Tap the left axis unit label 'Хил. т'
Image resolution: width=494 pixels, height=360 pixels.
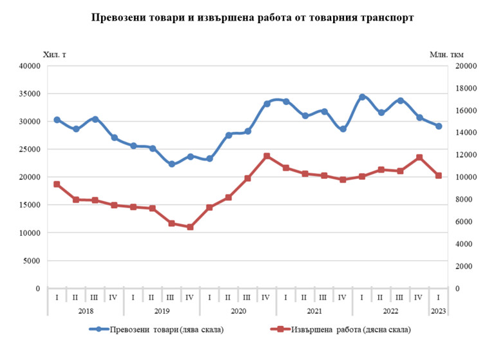[55, 54]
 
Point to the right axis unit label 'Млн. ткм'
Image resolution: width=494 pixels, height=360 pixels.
[446, 54]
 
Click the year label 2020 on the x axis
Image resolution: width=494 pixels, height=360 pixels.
[237, 310]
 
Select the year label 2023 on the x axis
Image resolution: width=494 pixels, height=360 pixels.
[438, 310]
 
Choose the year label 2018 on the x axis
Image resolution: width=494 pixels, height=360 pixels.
[85, 310]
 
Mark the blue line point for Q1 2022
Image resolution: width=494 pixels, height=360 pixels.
[362, 97]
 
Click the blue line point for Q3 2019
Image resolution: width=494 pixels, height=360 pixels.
[171, 164]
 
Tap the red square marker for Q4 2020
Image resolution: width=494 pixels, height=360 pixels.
[266, 156]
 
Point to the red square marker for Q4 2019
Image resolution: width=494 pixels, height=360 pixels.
[190, 227]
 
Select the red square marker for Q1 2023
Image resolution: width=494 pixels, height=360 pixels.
[438, 175]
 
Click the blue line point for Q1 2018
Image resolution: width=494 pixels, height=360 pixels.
[57, 120]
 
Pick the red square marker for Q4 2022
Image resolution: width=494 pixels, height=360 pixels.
[419, 157]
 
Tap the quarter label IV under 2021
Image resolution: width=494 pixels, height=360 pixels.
[343, 298]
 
